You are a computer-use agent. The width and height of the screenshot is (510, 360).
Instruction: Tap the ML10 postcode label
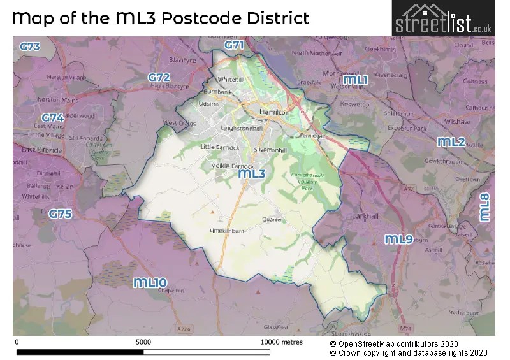[150, 282]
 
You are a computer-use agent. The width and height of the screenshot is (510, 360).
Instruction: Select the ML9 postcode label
[399, 240]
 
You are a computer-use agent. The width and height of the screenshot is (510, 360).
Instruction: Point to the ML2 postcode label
[451, 142]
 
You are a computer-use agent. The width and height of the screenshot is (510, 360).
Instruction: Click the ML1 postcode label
[357, 80]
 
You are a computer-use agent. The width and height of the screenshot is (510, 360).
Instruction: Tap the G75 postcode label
[61, 214]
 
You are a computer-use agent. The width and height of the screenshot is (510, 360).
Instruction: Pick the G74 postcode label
[53, 118]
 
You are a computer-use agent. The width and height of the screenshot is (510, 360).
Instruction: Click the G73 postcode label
[29, 47]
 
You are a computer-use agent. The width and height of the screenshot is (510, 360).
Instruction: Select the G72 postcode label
[159, 77]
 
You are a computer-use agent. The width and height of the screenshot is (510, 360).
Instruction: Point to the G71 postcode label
[234, 45]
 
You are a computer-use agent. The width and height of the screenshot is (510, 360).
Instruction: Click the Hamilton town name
[275, 112]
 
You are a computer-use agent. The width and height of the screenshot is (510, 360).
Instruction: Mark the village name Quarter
[272, 219]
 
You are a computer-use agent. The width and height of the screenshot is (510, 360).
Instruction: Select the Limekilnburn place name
[228, 231]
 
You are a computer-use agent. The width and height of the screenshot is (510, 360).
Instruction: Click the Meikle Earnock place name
[228, 166]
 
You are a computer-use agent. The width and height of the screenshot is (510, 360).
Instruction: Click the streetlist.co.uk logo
[443, 18]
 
